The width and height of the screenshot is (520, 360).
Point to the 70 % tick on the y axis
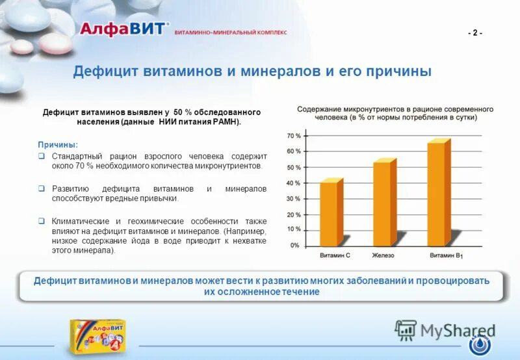pyautogui.click(x=294, y=136)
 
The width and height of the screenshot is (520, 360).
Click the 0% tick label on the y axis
pyautogui.click(x=294, y=246)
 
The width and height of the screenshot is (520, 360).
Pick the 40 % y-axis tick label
pyautogui.click(x=294, y=183)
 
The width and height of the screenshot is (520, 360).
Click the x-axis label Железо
pyautogui.click(x=383, y=255)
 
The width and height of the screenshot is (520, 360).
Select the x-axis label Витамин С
pyautogui.click(x=335, y=255)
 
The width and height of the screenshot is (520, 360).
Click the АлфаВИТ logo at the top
pyautogui.click(x=123, y=29)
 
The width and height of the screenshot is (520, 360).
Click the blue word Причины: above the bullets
pyautogui.click(x=58, y=144)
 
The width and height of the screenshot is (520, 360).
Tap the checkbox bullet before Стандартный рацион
pyautogui.click(x=40, y=157)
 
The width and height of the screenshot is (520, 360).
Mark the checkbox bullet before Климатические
pyautogui.click(x=40, y=222)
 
